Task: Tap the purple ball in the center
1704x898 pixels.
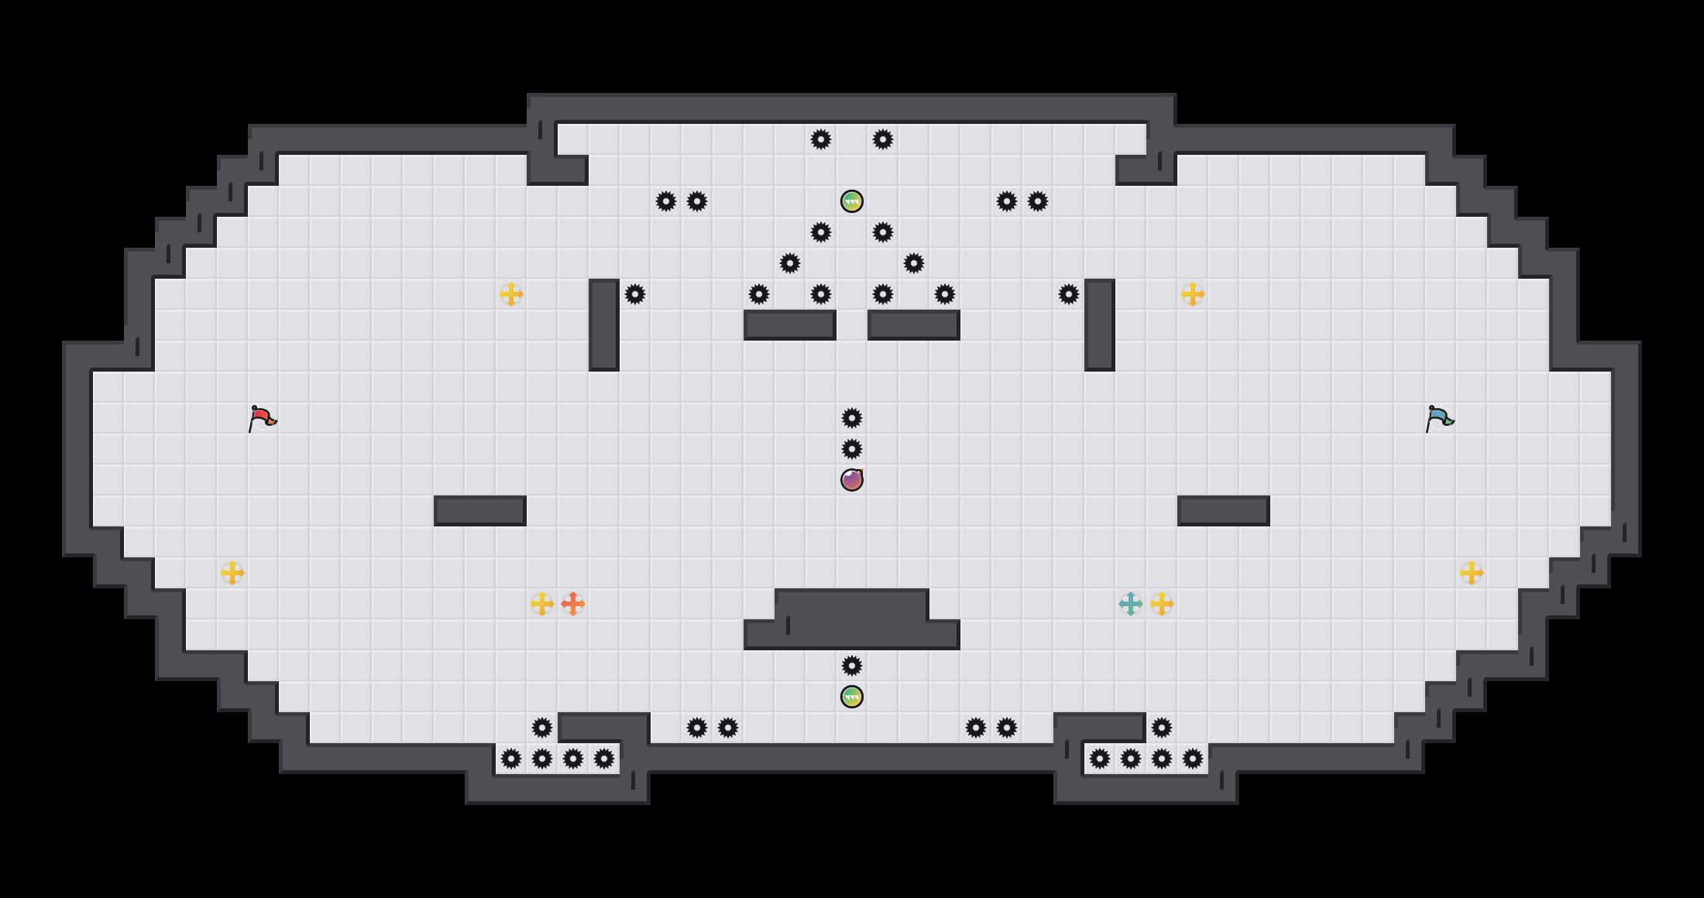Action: tap(852, 480)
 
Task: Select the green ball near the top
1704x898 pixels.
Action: tap(852, 201)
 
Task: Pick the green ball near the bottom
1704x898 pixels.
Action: tap(852, 697)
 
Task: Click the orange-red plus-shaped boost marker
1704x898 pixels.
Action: tap(573, 604)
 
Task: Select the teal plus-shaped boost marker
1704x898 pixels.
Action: tap(1131, 604)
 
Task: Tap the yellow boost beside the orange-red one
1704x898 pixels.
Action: tap(542, 604)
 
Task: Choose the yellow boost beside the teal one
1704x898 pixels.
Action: tap(1162, 604)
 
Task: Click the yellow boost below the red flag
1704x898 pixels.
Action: tap(232, 573)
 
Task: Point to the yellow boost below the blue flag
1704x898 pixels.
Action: tap(1472, 573)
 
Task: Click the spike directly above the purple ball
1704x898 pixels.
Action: tap(852, 449)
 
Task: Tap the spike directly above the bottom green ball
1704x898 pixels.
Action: tap(852, 666)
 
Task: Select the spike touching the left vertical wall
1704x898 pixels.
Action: tap(635, 294)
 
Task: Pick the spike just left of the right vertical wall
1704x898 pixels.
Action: tap(1069, 294)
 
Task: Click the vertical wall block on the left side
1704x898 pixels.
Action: tap(604, 325)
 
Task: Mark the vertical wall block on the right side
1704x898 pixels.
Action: tap(1100, 325)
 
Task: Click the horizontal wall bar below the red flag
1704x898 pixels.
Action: tap(480, 511)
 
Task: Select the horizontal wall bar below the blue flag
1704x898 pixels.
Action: tap(1224, 511)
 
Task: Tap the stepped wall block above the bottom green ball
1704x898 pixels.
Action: tap(852, 619)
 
